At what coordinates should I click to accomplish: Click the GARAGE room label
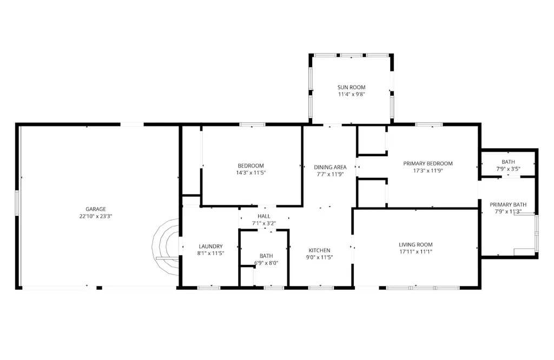(x=95, y=209)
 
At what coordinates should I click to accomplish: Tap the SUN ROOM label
(x=351, y=87)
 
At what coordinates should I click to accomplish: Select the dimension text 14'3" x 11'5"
(x=250, y=172)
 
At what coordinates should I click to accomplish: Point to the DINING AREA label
(x=330, y=167)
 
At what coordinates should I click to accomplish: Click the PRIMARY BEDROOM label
(x=428, y=163)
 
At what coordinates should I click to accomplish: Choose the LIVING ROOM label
(x=415, y=244)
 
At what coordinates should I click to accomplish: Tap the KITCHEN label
(x=319, y=250)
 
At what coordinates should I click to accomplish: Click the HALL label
(x=263, y=216)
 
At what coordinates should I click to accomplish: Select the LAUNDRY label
(x=210, y=246)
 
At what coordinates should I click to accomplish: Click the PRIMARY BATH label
(x=508, y=204)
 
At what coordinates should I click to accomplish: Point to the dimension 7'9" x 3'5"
(x=508, y=169)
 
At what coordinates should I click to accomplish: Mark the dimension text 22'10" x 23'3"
(x=95, y=216)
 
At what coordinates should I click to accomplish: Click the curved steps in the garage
(x=166, y=247)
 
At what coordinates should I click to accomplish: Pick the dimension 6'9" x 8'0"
(x=266, y=263)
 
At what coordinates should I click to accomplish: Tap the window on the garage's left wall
(x=16, y=203)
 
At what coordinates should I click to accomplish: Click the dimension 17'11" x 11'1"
(x=415, y=252)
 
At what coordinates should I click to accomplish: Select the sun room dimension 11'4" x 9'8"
(x=351, y=94)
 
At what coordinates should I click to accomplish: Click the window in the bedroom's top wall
(x=252, y=124)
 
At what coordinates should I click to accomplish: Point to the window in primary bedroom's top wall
(x=428, y=124)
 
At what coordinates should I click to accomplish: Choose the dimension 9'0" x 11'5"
(x=319, y=257)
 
